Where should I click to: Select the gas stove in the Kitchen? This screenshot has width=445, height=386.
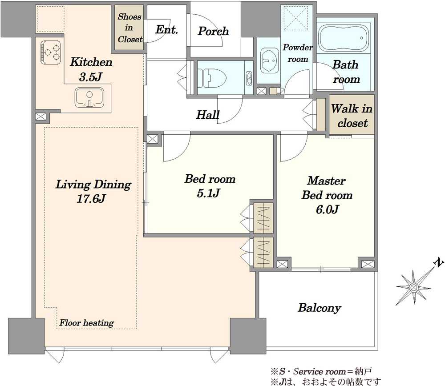tap(51, 52)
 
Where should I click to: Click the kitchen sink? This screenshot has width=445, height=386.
tap(89, 97)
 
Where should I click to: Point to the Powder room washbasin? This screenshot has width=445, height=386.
tap(269, 60)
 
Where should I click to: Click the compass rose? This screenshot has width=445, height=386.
tap(414, 288)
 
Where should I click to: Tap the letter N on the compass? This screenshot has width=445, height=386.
tap(439, 263)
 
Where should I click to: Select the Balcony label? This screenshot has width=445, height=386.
tap(319, 308)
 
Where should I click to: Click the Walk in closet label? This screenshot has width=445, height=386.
tap(352, 116)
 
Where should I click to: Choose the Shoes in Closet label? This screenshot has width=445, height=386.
tap(129, 28)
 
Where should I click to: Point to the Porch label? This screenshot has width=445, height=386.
tap(213, 31)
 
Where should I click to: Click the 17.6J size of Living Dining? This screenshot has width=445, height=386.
tap(91, 198)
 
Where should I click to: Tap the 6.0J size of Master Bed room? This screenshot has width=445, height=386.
tap(327, 209)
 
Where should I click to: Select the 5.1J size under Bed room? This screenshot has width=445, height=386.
tap(208, 193)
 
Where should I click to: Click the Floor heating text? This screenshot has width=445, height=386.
tap(87, 323)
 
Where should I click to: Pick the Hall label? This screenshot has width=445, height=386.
tap(208, 115)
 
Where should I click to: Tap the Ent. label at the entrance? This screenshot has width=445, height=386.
tap(166, 29)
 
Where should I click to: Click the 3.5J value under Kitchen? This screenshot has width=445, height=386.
tap(90, 76)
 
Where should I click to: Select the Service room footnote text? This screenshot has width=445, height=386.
tap(321, 371)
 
